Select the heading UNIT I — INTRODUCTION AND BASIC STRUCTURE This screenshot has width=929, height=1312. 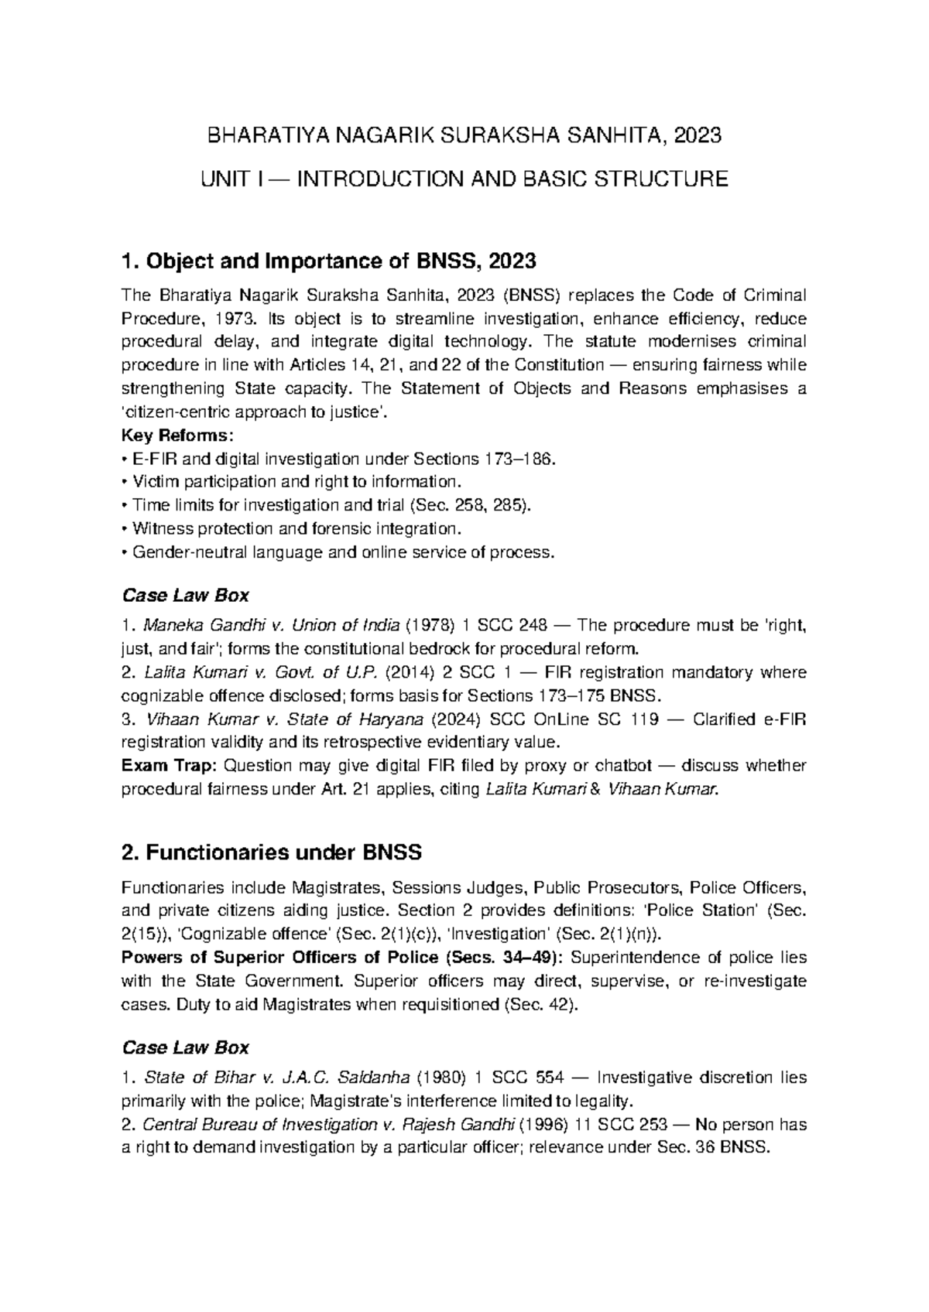[x=464, y=180]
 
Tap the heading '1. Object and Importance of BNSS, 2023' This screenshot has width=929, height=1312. [x=329, y=261]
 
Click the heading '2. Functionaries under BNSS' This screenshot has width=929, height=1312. [x=272, y=853]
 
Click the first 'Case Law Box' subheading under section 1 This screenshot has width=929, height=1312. [x=186, y=596]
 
